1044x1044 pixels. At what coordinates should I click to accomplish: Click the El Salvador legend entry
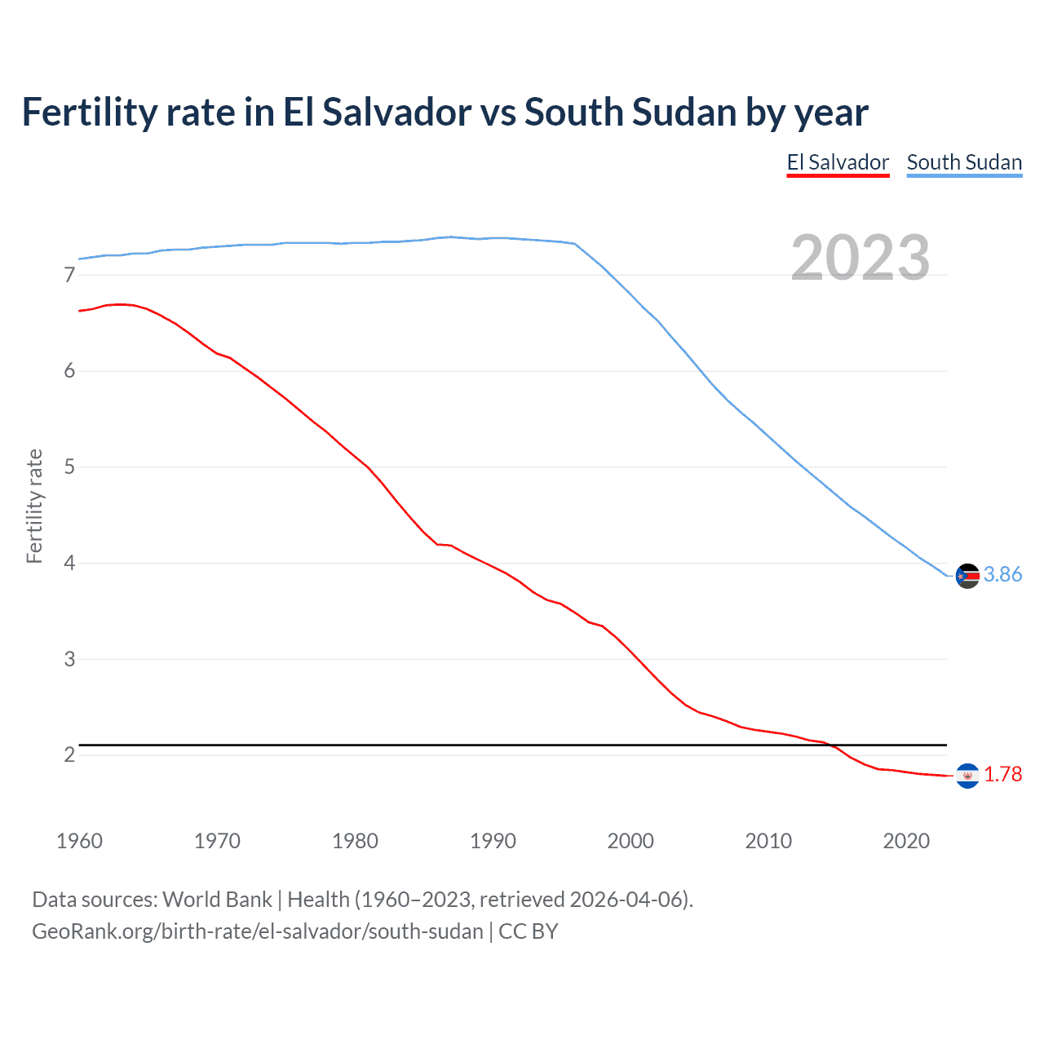838,162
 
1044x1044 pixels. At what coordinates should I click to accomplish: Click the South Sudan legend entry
964,162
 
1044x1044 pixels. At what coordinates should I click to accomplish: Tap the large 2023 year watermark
860,258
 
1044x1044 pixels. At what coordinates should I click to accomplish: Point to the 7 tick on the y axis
69,276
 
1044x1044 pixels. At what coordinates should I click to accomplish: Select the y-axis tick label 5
69,467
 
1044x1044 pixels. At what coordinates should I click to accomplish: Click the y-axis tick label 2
69,755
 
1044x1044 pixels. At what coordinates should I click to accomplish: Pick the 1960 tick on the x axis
79,841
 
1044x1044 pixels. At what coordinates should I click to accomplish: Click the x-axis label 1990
493,841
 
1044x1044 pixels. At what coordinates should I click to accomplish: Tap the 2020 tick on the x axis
906,841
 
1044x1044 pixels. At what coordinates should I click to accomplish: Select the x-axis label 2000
630,841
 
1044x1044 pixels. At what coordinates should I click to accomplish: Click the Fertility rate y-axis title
34,506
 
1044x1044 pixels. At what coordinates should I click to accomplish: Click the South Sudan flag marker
967,576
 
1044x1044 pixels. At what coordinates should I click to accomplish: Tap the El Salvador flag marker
967,776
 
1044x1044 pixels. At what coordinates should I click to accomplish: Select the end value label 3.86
1002,575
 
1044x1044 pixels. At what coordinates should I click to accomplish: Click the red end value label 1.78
1002,775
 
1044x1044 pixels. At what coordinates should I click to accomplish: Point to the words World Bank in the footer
217,900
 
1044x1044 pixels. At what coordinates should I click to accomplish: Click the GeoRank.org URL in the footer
257,931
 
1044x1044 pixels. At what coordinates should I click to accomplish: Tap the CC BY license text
529,931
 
